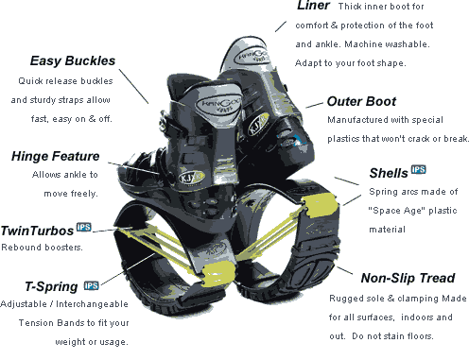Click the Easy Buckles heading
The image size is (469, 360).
click(x=73, y=60)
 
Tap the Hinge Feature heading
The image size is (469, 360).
click(x=56, y=156)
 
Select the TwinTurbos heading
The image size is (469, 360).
click(x=37, y=231)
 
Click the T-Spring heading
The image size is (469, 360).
click(x=51, y=286)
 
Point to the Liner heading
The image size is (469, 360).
click(x=313, y=6)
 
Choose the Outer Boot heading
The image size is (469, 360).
click(x=361, y=101)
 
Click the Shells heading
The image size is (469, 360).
click(x=389, y=173)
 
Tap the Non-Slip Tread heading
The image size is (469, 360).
click(x=408, y=278)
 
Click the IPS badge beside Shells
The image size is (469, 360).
click(x=419, y=169)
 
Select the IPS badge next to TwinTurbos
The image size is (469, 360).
click(x=84, y=227)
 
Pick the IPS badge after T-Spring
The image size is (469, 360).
click(x=92, y=285)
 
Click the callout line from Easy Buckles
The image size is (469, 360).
click(x=133, y=86)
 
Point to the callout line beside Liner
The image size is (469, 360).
click(x=281, y=26)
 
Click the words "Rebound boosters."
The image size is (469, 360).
click(x=42, y=248)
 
